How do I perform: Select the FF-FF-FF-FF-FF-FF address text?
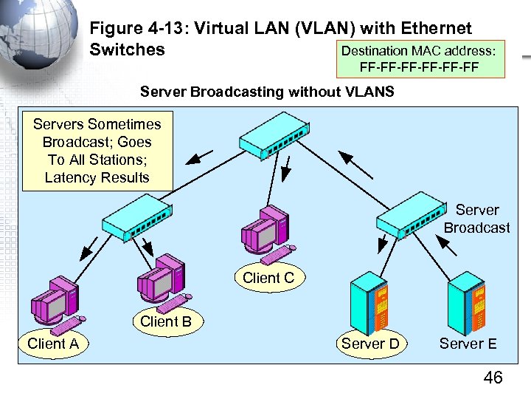point(419,68)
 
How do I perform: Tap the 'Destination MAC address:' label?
point(418,51)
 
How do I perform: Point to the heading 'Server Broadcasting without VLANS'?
point(267,92)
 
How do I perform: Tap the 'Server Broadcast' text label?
point(476,219)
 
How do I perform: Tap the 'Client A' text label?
point(53,344)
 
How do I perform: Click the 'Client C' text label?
point(268,278)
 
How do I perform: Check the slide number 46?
point(492,378)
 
